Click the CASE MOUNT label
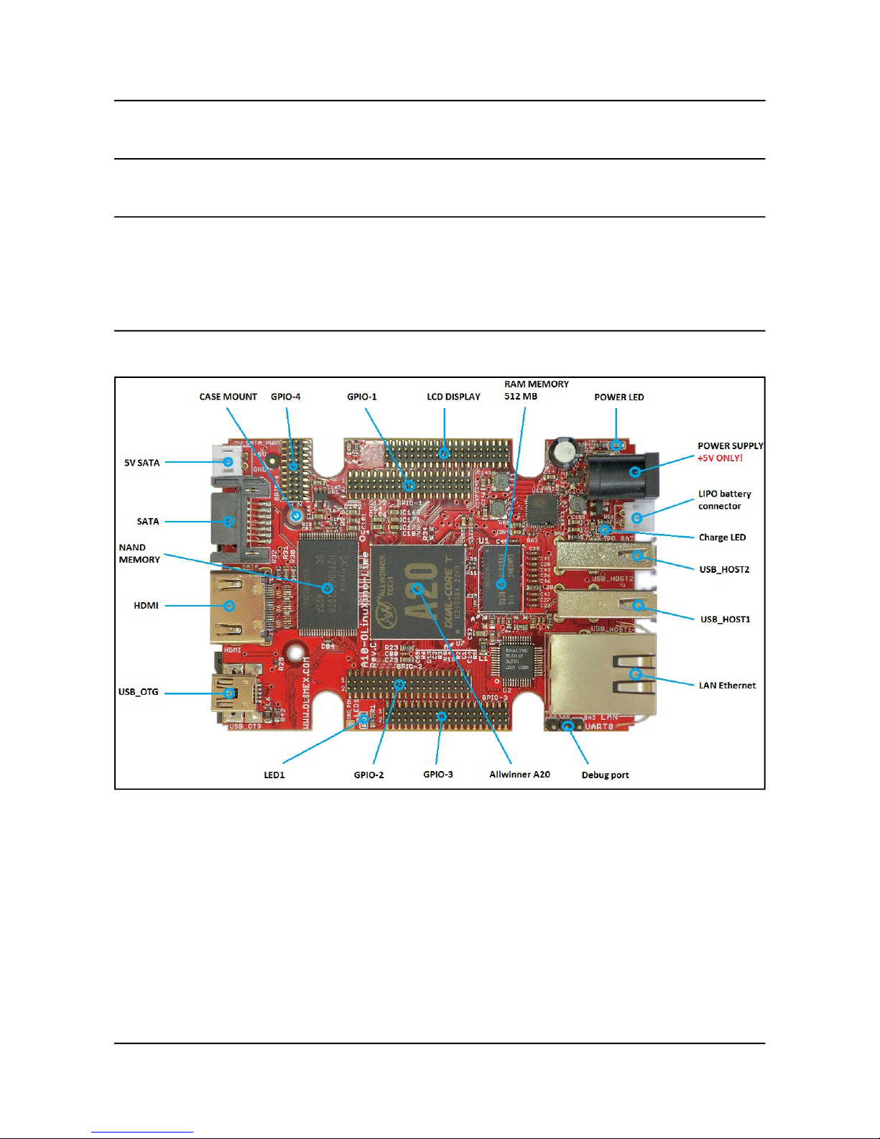pos(228,397)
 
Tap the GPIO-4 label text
pos(285,397)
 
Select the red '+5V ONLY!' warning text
pos(720,458)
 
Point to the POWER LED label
pos(619,397)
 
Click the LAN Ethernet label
pos(727,686)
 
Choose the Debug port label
pos(605,775)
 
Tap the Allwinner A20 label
pos(519,775)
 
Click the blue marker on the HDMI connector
pos(229,606)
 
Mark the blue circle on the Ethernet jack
pos(635,674)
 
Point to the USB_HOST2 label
pos(724,570)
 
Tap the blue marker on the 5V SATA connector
pos(228,462)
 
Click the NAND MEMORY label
pos(139,553)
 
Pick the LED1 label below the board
pos(274,775)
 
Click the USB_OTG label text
pos(138,692)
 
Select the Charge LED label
pos(722,538)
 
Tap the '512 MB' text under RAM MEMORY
pos(520,397)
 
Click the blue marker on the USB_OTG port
pos(229,693)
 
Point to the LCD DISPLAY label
pos(453,397)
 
